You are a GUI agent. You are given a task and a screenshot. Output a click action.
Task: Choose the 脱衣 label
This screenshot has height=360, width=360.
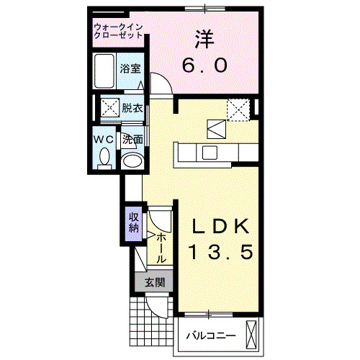click(x=132, y=109)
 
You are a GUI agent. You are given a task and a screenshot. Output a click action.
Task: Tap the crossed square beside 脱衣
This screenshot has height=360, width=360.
click(x=110, y=108)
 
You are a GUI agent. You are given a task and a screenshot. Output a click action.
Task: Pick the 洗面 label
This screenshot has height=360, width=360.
click(x=132, y=140)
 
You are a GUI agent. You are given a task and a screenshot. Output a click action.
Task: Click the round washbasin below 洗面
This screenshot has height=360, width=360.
click(x=131, y=160)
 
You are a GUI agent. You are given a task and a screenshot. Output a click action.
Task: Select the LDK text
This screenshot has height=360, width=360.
click(x=220, y=227)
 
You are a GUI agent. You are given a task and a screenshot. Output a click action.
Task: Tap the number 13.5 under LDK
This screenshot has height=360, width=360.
click(x=220, y=253)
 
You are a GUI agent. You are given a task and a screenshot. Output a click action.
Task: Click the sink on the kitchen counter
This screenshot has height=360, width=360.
click(x=210, y=152)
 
